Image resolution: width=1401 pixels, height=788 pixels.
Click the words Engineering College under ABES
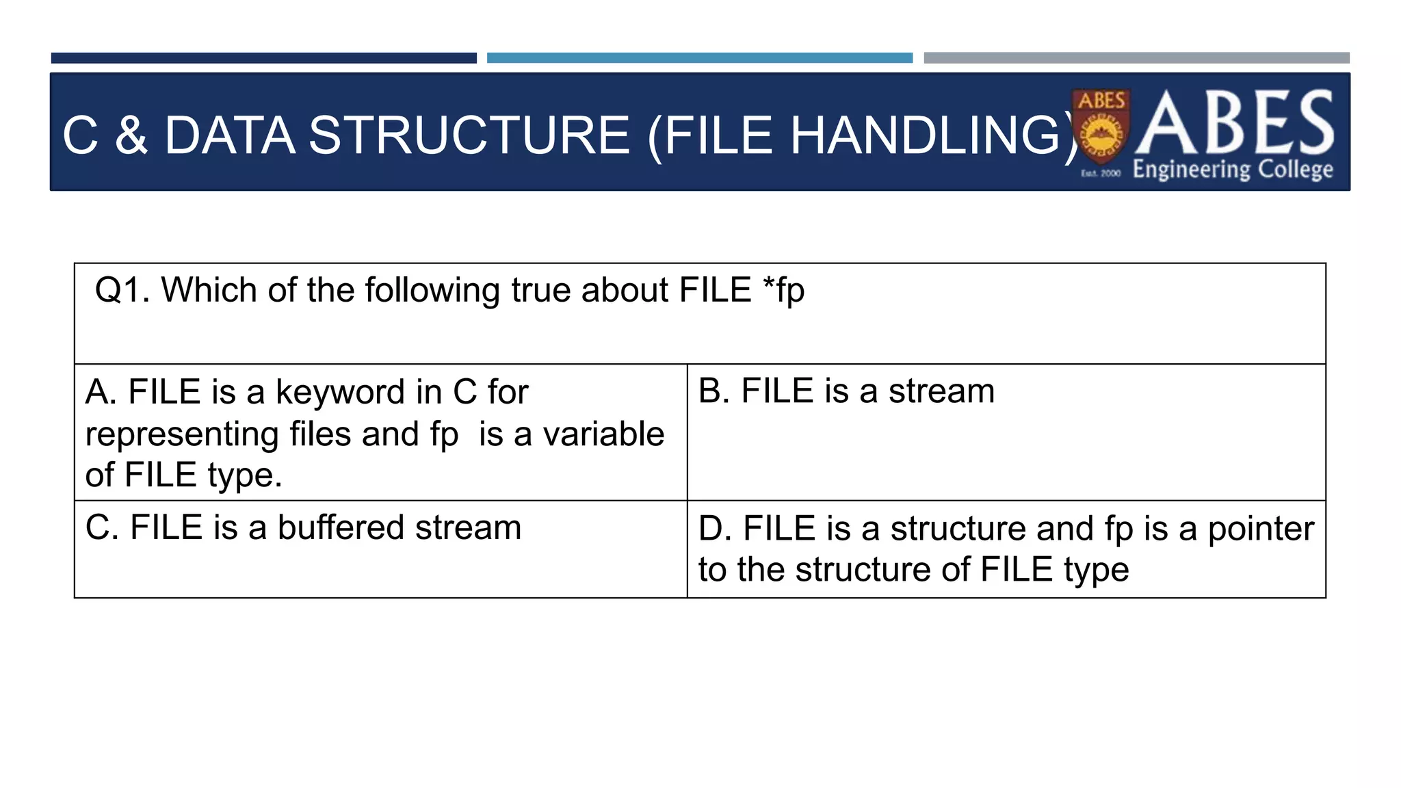[1233, 169]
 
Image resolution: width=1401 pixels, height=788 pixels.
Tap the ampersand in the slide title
[131, 135]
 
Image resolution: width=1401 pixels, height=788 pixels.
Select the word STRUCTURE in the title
[469, 135]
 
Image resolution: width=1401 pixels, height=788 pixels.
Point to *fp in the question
[784, 290]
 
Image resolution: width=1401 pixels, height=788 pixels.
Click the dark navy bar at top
[263, 58]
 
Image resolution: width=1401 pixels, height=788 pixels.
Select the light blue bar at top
[699, 58]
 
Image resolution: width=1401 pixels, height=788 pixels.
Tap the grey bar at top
[1136, 58]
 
